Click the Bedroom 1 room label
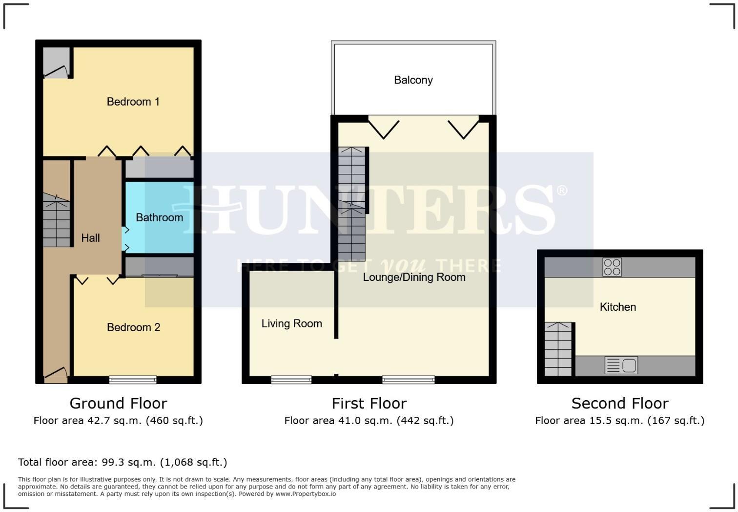(133, 102)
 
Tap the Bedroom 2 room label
(133, 327)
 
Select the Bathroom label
(159, 217)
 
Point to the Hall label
(90, 238)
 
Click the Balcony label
(413, 80)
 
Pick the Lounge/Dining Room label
(414, 277)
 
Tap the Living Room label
(291, 323)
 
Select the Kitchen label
(617, 307)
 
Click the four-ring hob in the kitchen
(612, 267)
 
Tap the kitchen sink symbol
(621, 365)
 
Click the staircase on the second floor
(558, 349)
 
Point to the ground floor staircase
(56, 220)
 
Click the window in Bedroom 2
(133, 380)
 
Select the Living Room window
(291, 380)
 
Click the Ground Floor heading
(118, 403)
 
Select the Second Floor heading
(619, 403)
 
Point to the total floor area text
(123, 462)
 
